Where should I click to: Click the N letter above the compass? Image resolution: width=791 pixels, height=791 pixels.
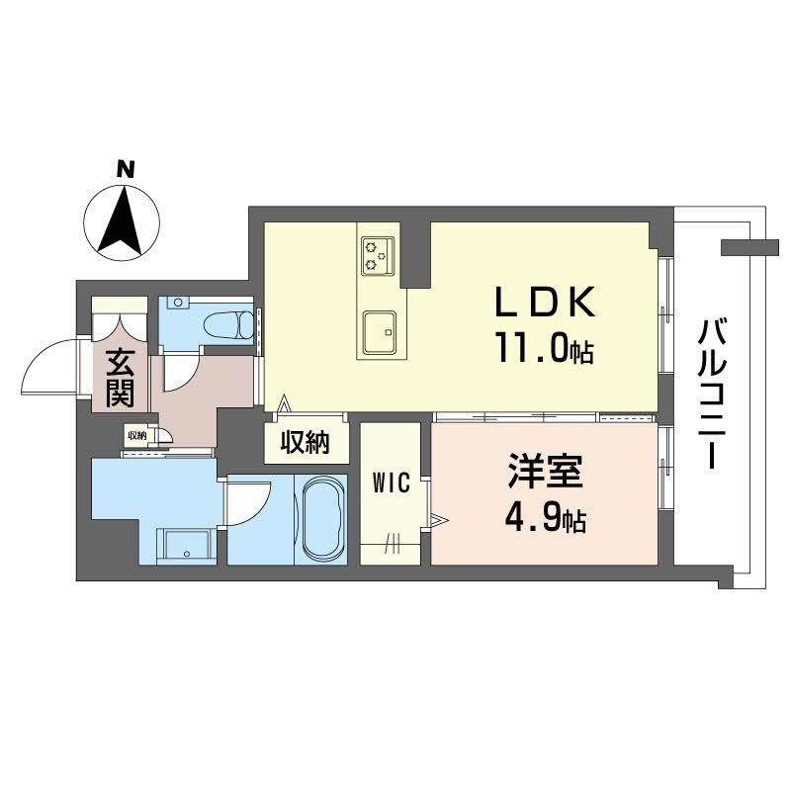click(x=126, y=169)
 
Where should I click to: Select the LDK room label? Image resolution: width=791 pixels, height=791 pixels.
click(x=546, y=302)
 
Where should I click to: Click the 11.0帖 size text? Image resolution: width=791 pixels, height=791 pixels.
click(x=545, y=347)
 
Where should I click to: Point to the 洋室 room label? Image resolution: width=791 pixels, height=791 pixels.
click(x=546, y=471)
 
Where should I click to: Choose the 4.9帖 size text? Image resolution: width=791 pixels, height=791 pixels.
click(x=546, y=517)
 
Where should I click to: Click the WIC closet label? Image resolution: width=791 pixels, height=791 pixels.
click(x=391, y=483)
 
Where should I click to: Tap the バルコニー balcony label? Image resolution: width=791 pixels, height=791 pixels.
click(x=712, y=394)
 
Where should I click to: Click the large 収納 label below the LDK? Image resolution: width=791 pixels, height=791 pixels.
click(x=306, y=442)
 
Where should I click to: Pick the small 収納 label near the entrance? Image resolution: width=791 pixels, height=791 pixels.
click(x=136, y=435)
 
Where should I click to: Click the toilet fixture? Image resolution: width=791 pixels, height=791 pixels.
click(x=229, y=325)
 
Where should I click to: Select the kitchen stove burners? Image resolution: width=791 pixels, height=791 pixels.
click(x=378, y=255)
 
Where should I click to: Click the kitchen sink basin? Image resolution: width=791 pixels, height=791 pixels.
click(x=379, y=331)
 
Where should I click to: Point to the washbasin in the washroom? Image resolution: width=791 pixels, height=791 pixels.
click(x=187, y=545)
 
